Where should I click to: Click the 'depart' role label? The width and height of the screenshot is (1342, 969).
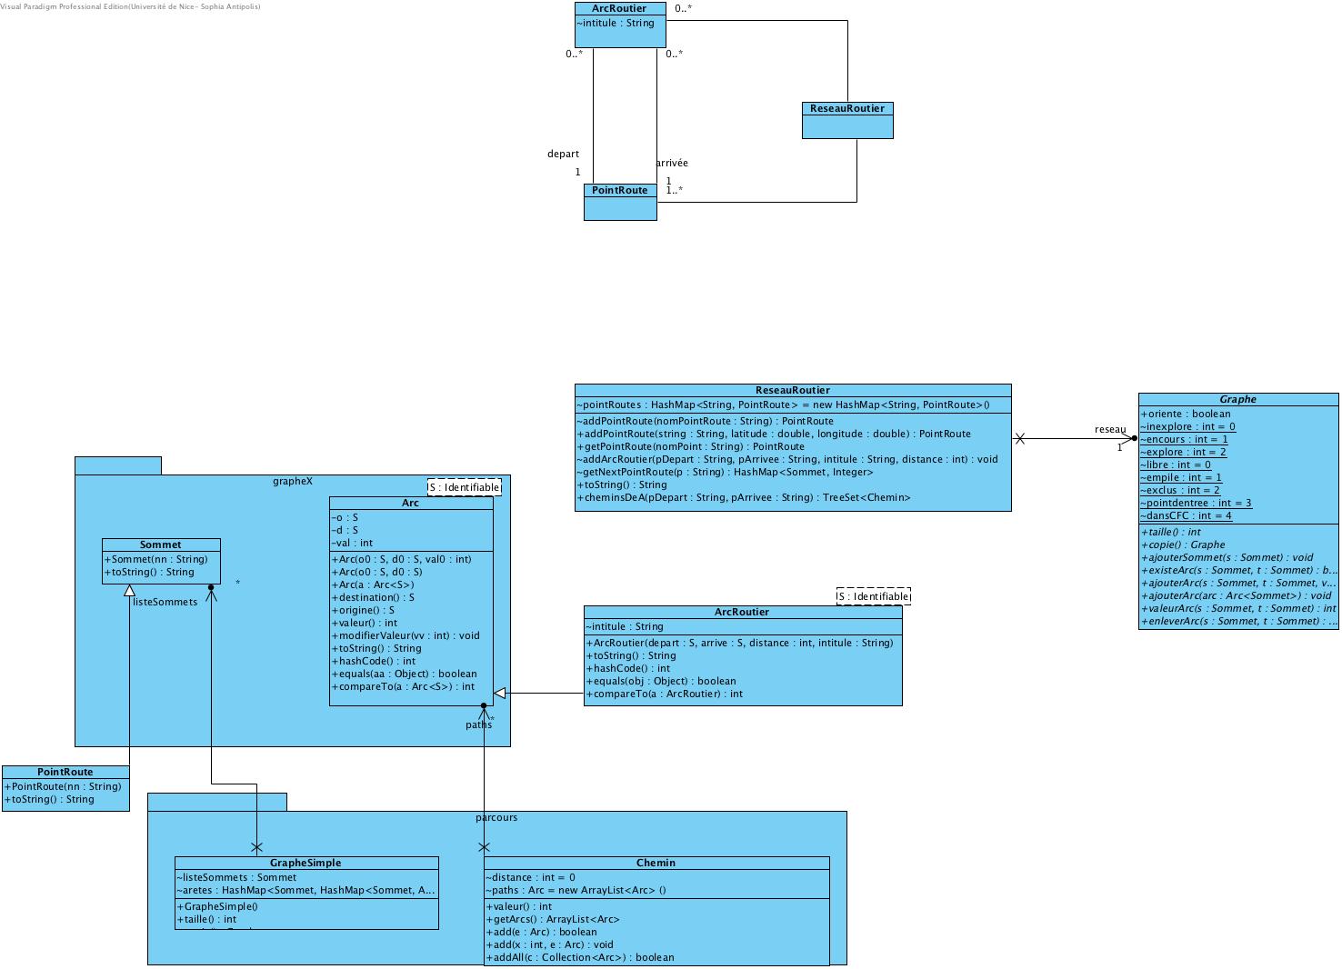[563, 154]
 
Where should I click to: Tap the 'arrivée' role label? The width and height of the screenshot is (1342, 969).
[672, 163]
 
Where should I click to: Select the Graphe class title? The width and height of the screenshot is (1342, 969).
[1237, 399]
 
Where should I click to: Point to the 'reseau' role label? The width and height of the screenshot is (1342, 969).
[1109, 429]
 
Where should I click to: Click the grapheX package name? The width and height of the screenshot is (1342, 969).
[292, 481]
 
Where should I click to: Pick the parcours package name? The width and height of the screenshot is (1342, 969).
[496, 817]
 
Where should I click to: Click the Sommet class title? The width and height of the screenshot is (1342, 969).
[160, 544]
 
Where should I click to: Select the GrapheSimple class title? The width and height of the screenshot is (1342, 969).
[305, 863]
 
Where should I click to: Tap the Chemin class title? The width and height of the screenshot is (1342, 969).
[656, 863]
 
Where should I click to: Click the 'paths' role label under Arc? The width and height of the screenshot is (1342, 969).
[478, 724]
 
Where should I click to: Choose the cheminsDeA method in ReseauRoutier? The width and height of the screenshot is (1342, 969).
[743, 497]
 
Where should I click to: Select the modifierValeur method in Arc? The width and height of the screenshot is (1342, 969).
[406, 635]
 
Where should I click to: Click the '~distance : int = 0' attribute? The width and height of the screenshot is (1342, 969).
[530, 877]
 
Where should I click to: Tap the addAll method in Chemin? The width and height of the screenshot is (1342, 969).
[580, 957]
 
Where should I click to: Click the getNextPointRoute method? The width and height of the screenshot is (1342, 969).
[725, 472]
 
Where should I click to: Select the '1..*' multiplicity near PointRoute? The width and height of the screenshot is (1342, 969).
[674, 190]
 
